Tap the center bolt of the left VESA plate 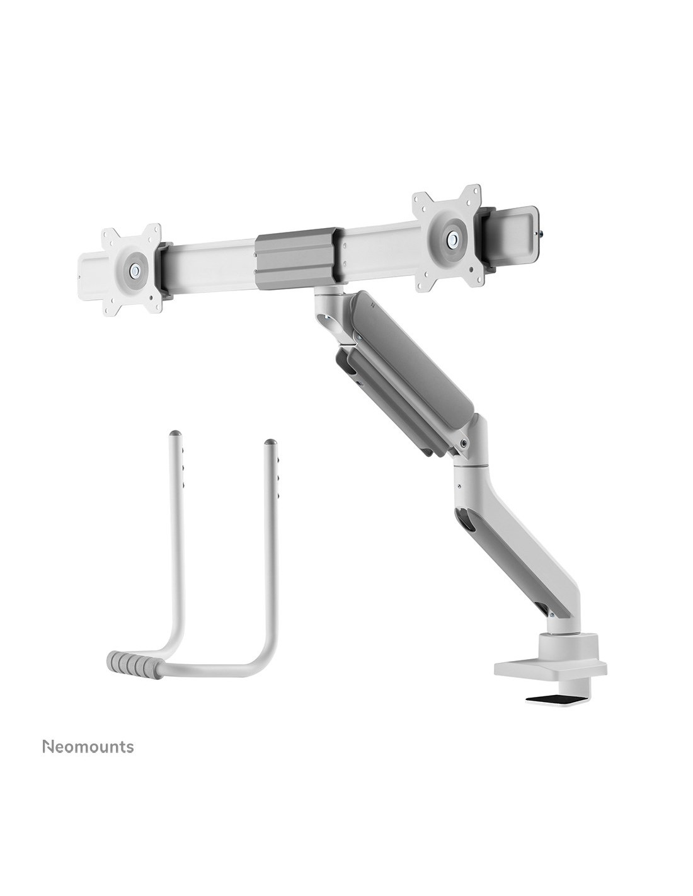[x=134, y=270]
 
